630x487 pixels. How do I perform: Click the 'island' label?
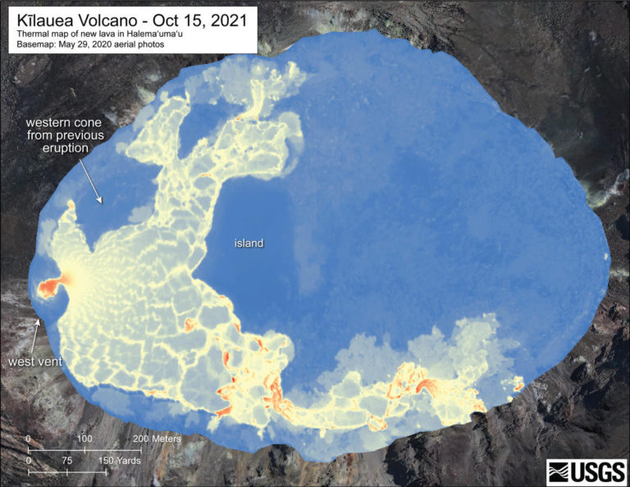tap(247, 243)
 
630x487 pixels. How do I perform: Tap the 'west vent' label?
tap(31, 362)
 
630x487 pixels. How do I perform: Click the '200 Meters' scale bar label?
tap(161, 439)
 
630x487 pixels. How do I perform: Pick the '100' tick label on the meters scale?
tap(84, 439)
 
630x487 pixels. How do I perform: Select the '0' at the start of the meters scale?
tap(29, 439)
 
